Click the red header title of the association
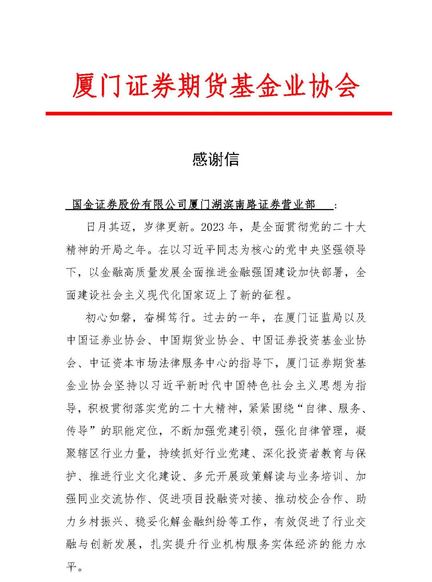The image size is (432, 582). tap(216, 86)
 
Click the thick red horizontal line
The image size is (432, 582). tap(218, 114)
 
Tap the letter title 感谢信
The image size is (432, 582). tap(216, 159)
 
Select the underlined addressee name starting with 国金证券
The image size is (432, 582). tap(194, 205)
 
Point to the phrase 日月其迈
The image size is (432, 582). tap(108, 227)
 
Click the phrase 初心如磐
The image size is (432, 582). tap(108, 318)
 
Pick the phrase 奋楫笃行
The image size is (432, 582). tap(168, 318)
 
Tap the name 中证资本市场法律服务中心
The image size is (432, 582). tap(159, 363)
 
